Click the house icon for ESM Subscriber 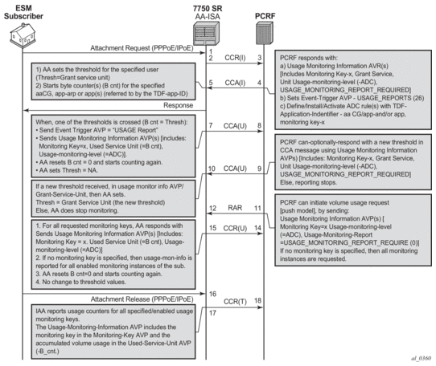click(23, 35)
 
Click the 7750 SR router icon click(206, 34)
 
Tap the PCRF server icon click(264, 33)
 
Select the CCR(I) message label click(235, 58)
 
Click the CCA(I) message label click(235, 83)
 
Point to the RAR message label click(235, 208)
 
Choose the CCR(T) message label click(235, 301)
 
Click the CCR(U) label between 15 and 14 click(235, 229)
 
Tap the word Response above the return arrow click(179, 105)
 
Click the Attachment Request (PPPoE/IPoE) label click(142, 48)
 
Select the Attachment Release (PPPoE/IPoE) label click(142, 299)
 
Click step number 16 click(212, 294)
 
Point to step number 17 click(212, 313)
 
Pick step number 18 click(257, 300)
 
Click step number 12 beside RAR click(212, 208)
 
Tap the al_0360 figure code click(421, 358)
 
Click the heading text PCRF click(265, 16)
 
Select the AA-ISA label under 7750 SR click(208, 17)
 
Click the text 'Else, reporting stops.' click(308, 182)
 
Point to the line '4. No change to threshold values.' click(81, 282)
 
